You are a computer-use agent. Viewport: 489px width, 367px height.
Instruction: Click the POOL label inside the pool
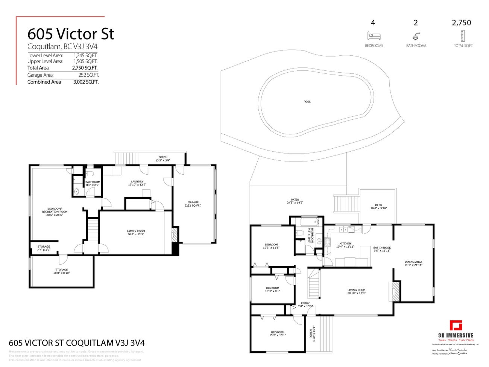[x=307, y=102]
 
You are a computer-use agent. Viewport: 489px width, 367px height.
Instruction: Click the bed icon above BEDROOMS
[x=374, y=36]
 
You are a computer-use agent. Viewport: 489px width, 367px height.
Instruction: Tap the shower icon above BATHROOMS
[x=416, y=36]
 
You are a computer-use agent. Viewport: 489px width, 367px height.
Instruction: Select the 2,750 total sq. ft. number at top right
[x=461, y=23]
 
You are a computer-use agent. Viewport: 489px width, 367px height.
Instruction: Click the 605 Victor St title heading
[x=71, y=34]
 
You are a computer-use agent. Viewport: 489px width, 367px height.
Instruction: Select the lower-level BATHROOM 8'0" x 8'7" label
[x=93, y=183]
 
